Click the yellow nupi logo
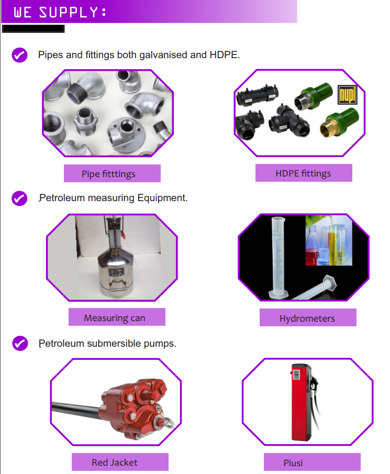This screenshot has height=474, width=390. pos(348,95)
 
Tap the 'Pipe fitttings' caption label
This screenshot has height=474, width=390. pos(112,173)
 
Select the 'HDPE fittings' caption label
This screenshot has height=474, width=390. pos(304,173)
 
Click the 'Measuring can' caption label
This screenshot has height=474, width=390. pos(117,317)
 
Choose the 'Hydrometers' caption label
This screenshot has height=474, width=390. pos(308,318)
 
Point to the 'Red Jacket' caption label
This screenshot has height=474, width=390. pos(120,462)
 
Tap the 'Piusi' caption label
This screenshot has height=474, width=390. pos(312,462)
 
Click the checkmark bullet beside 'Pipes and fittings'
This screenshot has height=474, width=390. pos(20,55)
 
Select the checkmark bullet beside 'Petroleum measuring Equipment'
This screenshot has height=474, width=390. pos(19,199)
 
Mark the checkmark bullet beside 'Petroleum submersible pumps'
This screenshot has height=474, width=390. pos(20,344)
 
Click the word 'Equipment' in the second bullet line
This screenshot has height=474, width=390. pos(162,199)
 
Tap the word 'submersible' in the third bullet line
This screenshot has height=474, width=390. pos(114,344)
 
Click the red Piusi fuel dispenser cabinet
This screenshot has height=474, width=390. pos(300,402)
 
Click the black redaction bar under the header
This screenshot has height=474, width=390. pos(33,29)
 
